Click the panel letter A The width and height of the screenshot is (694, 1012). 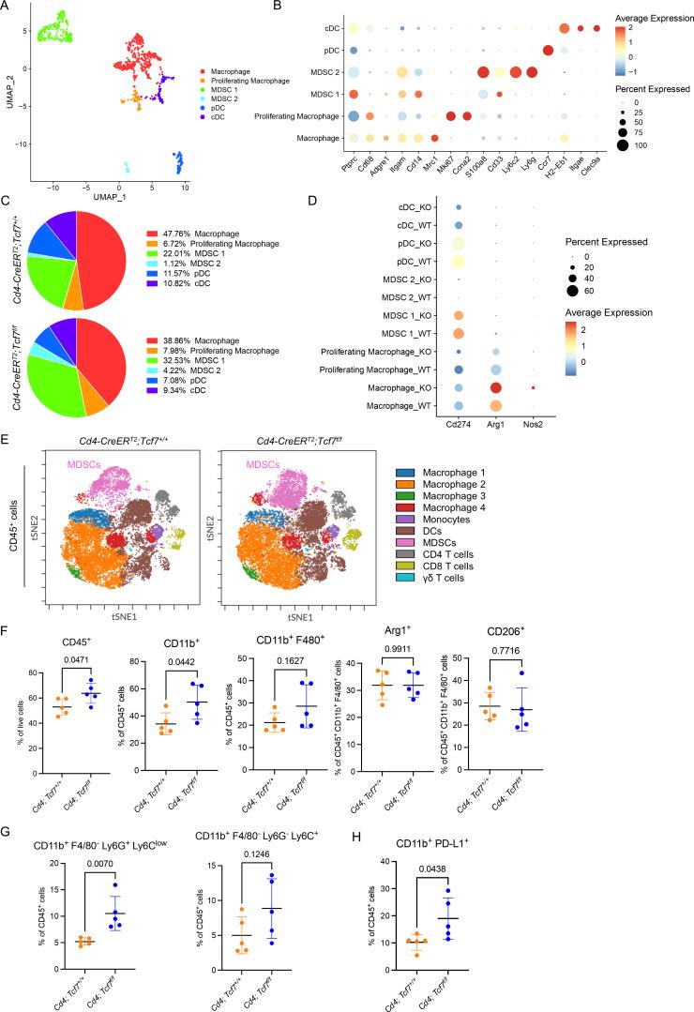coord(7,7)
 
